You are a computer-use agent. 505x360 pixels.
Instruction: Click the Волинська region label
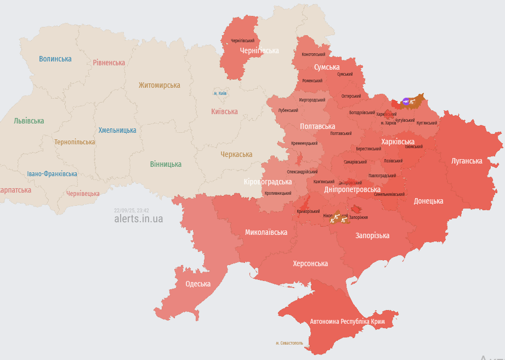[55, 59]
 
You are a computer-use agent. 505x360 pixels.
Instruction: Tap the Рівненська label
[109, 63]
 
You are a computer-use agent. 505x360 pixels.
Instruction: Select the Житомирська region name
[159, 85]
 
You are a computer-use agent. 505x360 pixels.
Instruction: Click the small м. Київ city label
[220, 93]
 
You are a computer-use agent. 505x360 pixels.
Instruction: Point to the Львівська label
[29, 121]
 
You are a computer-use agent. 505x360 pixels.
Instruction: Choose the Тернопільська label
[75, 142]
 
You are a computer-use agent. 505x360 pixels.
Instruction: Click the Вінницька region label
[166, 164]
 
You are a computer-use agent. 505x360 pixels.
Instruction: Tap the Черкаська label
[236, 154]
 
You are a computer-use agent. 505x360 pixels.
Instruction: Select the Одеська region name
[198, 284]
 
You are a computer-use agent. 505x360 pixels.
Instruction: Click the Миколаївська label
[266, 232]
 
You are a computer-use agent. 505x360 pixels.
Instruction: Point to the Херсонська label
[310, 263]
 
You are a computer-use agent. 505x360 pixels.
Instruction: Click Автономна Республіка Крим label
[347, 321]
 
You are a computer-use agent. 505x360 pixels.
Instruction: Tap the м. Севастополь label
[289, 343]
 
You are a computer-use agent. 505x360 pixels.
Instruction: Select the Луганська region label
[467, 161]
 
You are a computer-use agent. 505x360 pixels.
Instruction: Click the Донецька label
[428, 201]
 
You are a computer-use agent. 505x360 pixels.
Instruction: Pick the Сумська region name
[327, 67]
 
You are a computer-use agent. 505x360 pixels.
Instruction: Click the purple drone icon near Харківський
[406, 101]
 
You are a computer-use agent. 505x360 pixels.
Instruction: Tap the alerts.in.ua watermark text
[138, 218]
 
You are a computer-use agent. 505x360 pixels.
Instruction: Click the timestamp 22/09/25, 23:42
[132, 210]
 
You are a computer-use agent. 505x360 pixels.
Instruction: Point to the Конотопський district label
[314, 54]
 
